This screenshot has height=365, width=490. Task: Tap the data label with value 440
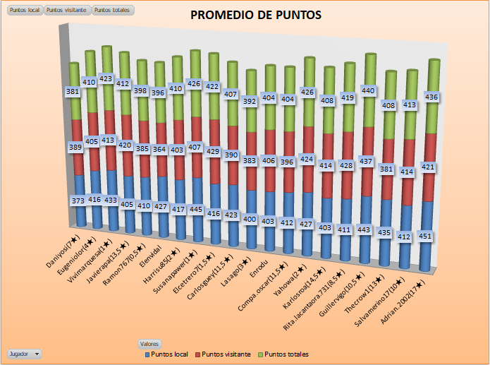[x=369, y=90]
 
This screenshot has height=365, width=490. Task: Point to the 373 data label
[x=80, y=201]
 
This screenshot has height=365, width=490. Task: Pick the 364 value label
[x=159, y=150]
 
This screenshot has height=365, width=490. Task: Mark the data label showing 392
[x=250, y=102]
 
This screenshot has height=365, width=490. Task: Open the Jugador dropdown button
[x=25, y=353]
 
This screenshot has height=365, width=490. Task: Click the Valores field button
[x=149, y=343]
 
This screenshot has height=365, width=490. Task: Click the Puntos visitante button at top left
[x=67, y=11]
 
